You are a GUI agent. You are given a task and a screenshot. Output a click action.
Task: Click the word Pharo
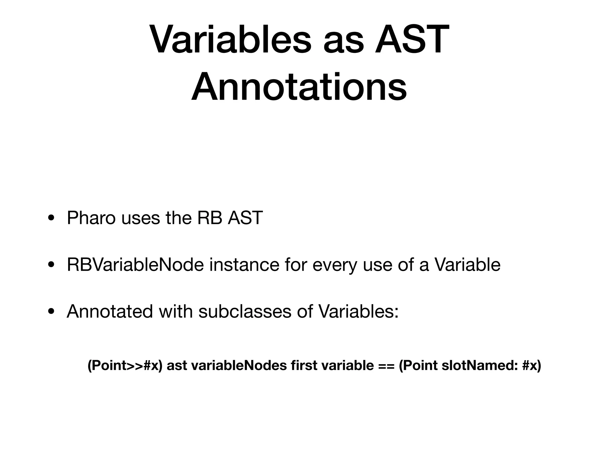click(x=91, y=218)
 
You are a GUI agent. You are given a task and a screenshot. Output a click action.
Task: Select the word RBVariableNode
click(x=135, y=265)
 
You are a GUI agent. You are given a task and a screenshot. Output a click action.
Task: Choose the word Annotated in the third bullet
click(x=110, y=312)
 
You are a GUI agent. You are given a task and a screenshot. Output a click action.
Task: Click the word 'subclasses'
click(x=245, y=312)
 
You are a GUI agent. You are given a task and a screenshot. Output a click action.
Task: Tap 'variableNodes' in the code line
click(x=239, y=366)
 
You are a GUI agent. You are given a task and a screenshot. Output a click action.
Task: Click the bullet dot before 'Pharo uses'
click(x=51, y=219)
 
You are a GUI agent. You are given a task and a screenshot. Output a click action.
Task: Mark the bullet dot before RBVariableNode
click(x=51, y=265)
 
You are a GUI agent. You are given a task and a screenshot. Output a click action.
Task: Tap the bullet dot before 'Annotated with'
click(x=51, y=312)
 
